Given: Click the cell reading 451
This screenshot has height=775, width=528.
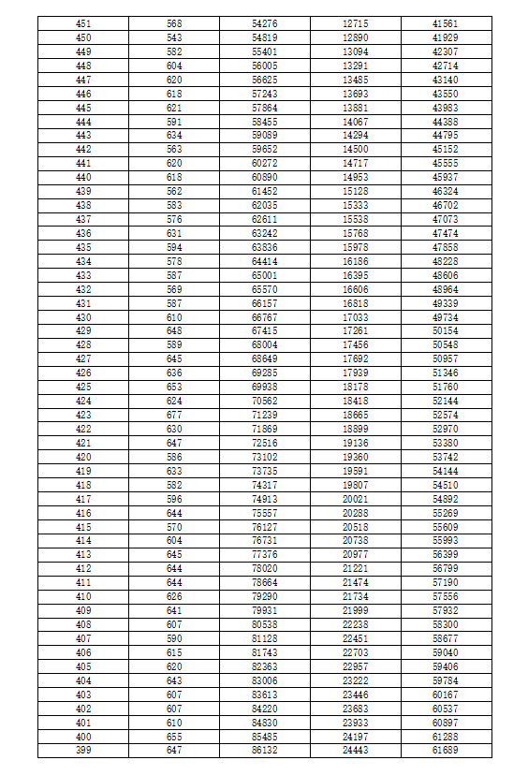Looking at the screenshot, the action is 83,22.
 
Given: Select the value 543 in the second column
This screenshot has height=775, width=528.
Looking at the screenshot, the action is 174,37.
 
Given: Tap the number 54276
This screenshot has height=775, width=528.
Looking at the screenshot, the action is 265,22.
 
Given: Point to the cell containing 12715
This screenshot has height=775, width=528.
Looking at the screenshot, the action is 356,22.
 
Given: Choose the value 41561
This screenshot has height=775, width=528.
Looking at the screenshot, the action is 446,22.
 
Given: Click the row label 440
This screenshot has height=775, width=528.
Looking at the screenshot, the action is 83,177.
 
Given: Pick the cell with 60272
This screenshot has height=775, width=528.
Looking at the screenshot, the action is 265,163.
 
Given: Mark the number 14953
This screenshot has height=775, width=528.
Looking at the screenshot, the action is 356,177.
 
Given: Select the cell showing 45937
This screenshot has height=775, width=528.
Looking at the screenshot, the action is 446,177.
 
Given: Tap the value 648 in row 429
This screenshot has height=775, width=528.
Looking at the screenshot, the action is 174,331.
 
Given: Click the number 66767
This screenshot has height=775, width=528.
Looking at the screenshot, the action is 265,317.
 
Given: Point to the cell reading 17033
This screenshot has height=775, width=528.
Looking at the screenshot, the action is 356,317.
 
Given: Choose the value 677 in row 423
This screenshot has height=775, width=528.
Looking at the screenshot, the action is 174,415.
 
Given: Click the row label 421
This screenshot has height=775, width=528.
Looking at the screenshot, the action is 83,443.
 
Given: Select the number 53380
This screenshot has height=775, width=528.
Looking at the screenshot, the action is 446,443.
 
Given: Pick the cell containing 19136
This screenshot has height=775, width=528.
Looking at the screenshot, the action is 356,443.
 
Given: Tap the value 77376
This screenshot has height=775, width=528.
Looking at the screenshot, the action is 265,555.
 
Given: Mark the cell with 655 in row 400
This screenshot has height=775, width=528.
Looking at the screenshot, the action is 174,737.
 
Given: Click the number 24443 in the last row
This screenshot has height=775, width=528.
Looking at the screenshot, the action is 356,751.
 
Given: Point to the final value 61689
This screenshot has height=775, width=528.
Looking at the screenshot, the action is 446,751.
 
